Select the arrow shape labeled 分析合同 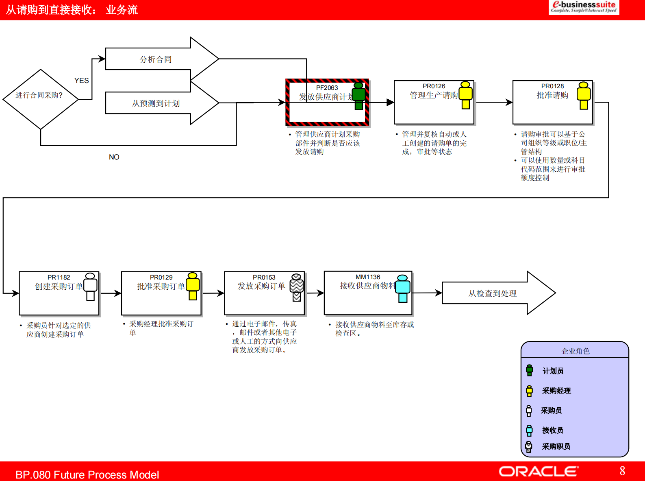(156, 59)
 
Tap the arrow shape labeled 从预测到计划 (156, 103)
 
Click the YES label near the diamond (81, 81)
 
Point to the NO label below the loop (114, 157)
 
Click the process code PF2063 (327, 88)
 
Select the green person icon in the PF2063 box (358, 96)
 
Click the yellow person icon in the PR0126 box (465, 95)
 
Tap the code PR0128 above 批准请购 (552, 86)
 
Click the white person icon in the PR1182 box (90, 286)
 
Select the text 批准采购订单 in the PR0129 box (161, 286)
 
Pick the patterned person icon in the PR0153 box (297, 287)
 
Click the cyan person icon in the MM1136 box (403, 288)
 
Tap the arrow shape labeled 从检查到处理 (493, 293)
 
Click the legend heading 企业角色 (575, 351)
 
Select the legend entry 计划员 (553, 371)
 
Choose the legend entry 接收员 (552, 430)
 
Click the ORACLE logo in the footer (538, 471)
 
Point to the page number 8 (622, 471)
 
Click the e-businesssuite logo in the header (584, 7)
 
